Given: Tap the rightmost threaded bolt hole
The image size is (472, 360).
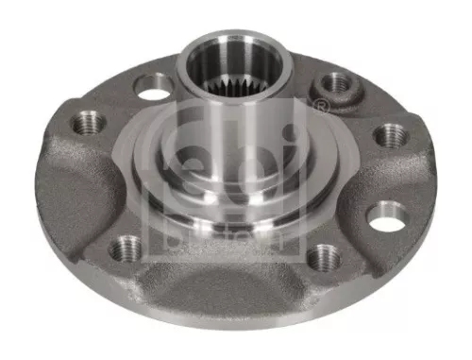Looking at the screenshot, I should pyautogui.click(x=391, y=134).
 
